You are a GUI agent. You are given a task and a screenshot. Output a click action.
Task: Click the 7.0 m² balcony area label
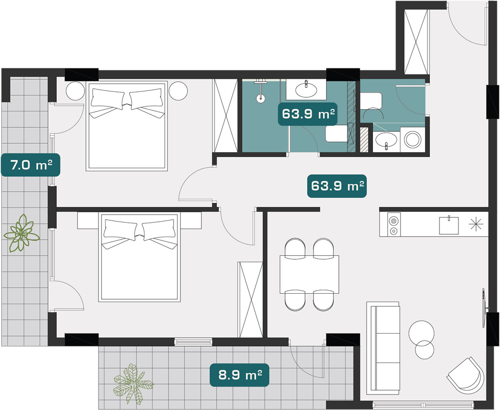[x=30, y=165]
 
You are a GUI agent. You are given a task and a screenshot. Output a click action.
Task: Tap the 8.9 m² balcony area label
[x=239, y=375]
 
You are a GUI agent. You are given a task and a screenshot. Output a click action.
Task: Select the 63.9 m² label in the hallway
[x=336, y=186]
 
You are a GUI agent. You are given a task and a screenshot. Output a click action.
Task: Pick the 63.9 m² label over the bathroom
[x=307, y=114]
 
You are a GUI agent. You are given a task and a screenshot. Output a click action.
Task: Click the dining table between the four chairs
[x=309, y=274]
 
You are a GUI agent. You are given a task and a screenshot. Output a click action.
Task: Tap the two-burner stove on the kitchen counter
[x=394, y=224]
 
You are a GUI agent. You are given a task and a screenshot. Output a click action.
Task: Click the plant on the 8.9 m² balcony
[x=133, y=383]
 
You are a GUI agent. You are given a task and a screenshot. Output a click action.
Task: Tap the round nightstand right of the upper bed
[x=178, y=91]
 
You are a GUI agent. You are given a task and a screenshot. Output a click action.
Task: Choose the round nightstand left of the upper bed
[x=75, y=91]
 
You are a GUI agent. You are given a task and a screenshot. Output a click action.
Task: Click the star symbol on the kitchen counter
[x=476, y=224]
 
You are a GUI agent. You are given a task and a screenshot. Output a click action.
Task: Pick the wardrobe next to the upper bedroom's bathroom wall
[x=225, y=116]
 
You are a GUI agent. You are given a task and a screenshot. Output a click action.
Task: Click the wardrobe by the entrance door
[x=416, y=41]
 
